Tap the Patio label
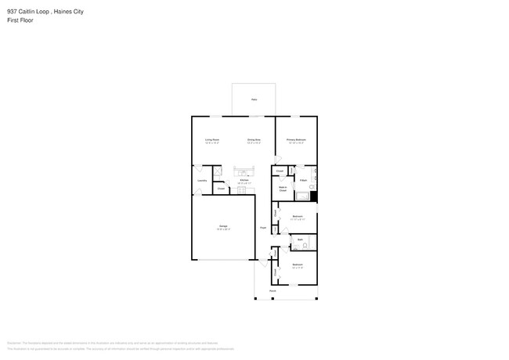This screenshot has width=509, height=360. [254, 99]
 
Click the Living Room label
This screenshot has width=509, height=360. [211, 141]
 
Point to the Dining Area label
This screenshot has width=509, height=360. [254, 141]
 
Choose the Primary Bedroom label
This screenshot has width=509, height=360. [296, 141]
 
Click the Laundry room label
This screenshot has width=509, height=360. [201, 180]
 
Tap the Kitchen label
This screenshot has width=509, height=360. [244, 181]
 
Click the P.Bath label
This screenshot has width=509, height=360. [303, 181]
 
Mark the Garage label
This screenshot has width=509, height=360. [223, 228]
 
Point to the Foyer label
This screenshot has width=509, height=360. [263, 228]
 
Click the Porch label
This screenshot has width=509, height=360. [273, 290]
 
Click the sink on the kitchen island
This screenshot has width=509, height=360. [244, 173]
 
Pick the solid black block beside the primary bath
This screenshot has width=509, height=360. [314, 196]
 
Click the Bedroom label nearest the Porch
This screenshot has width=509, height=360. [298, 265]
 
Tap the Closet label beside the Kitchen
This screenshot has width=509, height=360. [222, 189]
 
